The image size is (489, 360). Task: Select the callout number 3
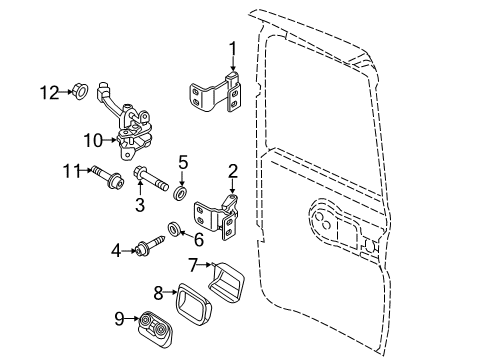pyautogui.click(x=140, y=204)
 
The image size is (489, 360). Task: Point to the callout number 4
pyautogui.click(x=116, y=250)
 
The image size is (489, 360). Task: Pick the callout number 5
pyautogui.click(x=182, y=160)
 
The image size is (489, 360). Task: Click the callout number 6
pyautogui.click(x=197, y=239)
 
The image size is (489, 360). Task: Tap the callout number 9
pyautogui.click(x=121, y=320)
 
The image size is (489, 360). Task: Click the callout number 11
pyautogui.click(x=70, y=172)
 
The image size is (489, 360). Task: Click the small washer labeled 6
pyautogui.click(x=174, y=232)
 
